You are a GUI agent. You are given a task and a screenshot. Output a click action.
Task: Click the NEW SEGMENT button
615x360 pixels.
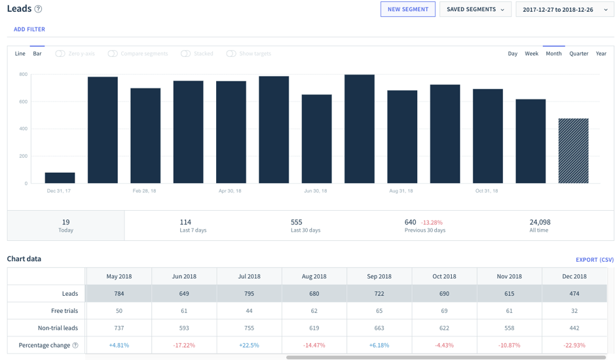tap(407, 9)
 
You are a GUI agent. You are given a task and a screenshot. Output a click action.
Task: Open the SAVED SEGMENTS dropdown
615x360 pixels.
tap(475, 9)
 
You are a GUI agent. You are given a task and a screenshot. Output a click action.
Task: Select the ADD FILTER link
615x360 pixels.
tap(29, 29)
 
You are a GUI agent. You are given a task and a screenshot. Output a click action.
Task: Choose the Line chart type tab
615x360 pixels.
tap(20, 54)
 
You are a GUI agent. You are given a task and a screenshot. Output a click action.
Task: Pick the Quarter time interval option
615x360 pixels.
tap(578, 54)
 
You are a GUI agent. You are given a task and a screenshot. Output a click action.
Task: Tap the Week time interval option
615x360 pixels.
tap(531, 54)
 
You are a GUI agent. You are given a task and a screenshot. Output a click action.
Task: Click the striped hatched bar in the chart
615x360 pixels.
tap(573, 151)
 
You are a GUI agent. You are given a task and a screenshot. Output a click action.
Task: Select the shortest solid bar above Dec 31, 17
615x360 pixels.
tap(60, 178)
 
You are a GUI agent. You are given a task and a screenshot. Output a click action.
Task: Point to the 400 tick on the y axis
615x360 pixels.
tap(23, 129)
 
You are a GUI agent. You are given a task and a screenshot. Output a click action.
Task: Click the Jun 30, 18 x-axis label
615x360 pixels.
tap(316, 191)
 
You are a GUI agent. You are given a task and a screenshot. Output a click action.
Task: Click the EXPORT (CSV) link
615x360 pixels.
tap(594, 260)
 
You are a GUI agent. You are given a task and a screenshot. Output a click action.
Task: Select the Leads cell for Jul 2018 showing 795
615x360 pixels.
tap(249, 294)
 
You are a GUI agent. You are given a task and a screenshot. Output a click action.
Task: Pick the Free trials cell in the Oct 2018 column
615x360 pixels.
tap(444, 311)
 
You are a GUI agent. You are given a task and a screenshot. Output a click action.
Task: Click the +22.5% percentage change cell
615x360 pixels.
tap(249, 345)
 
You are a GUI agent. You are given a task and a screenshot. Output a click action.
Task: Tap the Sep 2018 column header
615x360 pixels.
tap(379, 276)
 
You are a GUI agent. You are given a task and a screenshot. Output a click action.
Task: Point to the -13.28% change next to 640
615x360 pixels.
tap(432, 223)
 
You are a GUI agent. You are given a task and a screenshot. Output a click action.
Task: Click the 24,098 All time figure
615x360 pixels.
tap(539, 223)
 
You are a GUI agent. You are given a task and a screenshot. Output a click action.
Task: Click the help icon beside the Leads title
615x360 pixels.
tap(38, 9)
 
